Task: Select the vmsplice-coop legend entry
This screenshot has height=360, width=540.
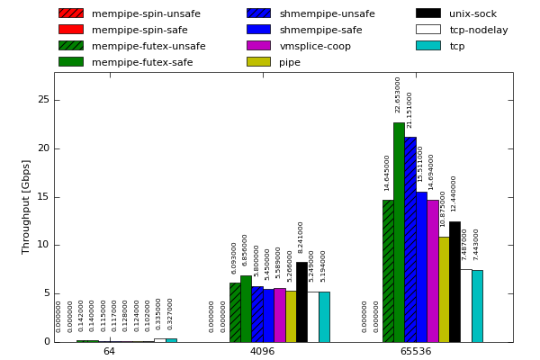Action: coord(315,46)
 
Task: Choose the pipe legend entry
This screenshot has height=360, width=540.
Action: coord(290,62)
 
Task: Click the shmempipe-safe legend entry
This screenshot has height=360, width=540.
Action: coord(320,30)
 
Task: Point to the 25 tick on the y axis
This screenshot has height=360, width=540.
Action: coord(42,100)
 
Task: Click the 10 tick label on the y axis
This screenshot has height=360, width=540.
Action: coord(42,245)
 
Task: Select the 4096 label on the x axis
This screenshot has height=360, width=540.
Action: coord(262,351)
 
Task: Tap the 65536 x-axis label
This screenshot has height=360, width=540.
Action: coord(415,351)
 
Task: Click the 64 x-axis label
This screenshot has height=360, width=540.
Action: coord(109,351)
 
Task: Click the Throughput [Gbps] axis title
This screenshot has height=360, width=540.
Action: coord(26,206)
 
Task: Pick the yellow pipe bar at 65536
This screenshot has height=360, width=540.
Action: coord(444,289)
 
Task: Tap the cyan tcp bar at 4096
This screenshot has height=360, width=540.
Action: coord(324,317)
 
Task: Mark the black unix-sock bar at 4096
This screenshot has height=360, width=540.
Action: coord(301,302)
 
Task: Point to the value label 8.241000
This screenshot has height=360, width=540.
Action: coord(301,237)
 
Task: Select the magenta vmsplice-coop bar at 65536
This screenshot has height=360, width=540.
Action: coord(432,271)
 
